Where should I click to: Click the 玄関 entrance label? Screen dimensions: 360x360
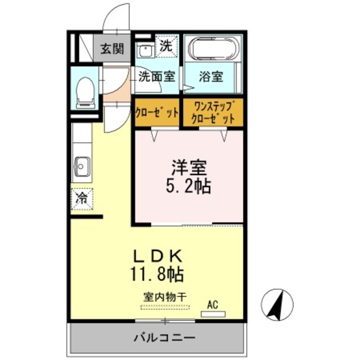point(111,49)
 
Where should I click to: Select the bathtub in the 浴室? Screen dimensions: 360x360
point(213,49)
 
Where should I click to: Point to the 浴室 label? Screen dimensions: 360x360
point(211,77)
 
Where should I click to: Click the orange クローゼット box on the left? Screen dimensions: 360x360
point(157,112)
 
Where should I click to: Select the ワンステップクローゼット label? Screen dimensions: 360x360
point(213,112)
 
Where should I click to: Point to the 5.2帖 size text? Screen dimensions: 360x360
point(188,186)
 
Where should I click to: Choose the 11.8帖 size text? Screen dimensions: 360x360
point(157,274)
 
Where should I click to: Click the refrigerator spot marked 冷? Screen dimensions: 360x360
point(82,198)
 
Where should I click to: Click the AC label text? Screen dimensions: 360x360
point(212,304)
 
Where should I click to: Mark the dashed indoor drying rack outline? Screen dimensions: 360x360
point(165,307)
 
